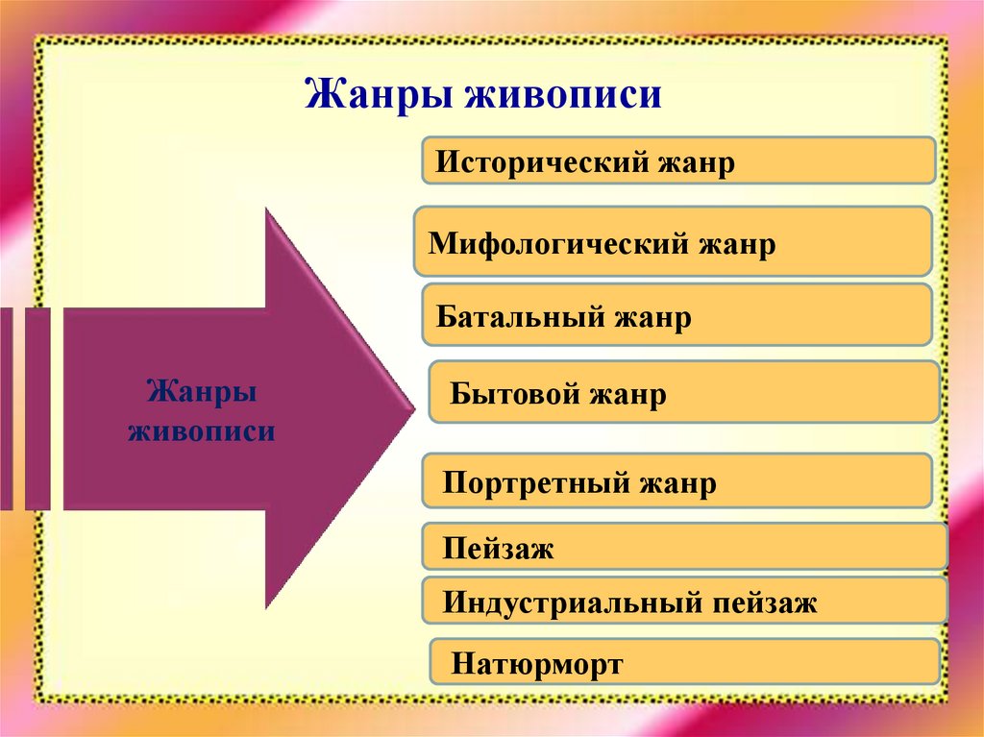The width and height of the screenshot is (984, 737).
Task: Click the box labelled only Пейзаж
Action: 684,550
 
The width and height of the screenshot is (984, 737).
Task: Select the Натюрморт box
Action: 684,663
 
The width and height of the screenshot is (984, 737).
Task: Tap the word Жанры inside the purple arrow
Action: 201,393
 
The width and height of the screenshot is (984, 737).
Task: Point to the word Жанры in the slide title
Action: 378,96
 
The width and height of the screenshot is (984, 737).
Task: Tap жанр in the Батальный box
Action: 653,316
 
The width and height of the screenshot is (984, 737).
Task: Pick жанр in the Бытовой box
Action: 628,394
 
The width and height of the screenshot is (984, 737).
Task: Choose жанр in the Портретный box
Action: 678,482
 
